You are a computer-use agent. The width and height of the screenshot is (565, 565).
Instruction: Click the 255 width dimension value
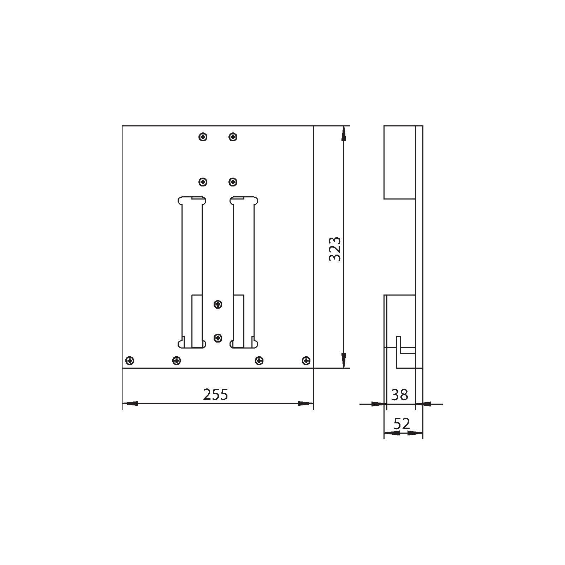(215, 394)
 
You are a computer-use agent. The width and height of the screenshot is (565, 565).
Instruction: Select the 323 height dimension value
(335, 249)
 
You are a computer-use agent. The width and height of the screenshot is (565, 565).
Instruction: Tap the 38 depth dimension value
(400, 394)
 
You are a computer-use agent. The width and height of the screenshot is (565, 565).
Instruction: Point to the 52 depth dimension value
(402, 423)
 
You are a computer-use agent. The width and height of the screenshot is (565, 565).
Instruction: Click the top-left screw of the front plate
(203, 137)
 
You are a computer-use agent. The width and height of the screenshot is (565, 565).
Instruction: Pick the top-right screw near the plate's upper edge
(233, 137)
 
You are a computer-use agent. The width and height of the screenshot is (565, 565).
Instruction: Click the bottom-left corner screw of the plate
(130, 361)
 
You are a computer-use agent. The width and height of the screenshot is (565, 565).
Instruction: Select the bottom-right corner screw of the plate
(306, 361)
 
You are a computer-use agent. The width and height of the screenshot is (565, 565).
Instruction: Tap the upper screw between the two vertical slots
(218, 304)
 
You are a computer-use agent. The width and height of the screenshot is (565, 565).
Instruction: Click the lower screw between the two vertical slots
(218, 338)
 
